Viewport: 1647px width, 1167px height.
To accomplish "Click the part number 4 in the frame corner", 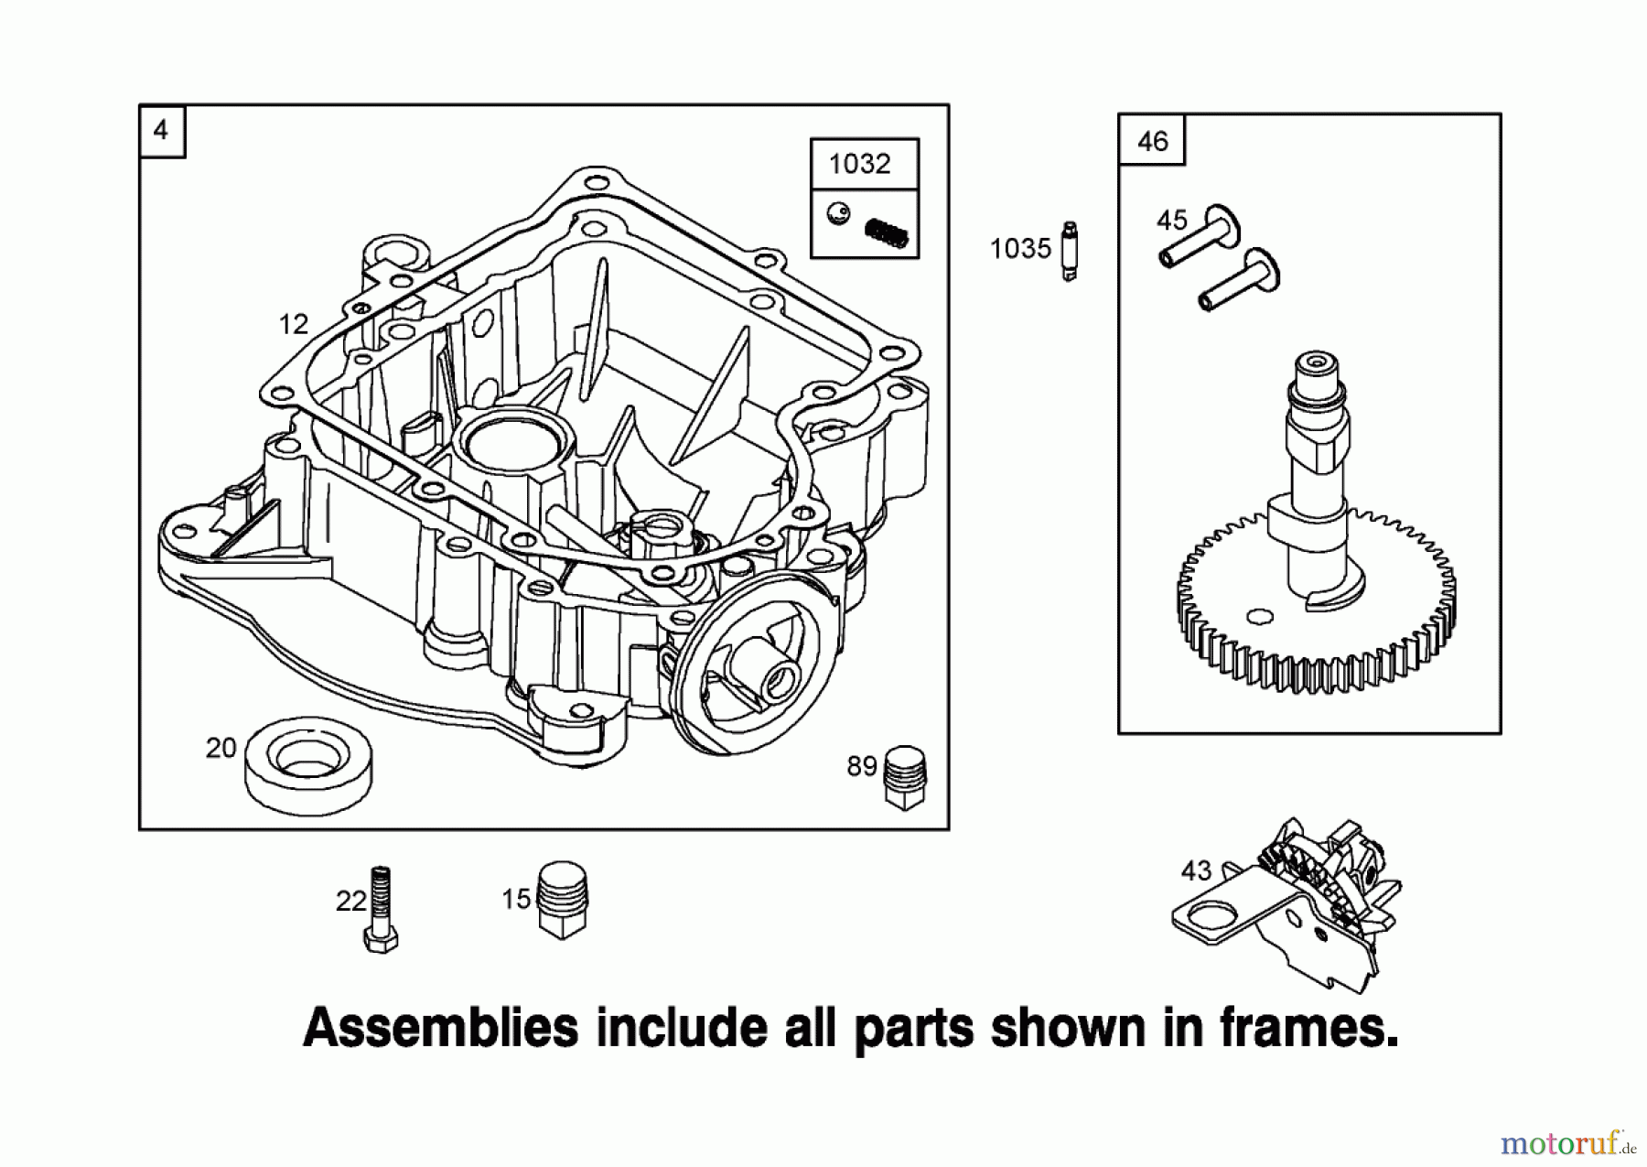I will (161, 130).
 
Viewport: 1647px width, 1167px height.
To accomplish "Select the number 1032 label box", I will (859, 164).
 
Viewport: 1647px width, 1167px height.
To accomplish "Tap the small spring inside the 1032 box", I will (886, 232).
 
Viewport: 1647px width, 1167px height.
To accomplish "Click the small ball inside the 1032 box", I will (837, 214).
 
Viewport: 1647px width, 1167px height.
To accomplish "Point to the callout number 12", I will (293, 324).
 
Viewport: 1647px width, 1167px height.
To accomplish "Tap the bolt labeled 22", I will (381, 910).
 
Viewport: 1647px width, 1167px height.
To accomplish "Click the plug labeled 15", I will (561, 899).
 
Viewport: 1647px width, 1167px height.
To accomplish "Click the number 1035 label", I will (1019, 248).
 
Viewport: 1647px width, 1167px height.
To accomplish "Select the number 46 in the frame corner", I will (1152, 141).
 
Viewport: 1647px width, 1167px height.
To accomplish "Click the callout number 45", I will (1171, 221).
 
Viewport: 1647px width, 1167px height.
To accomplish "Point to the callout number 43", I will (1195, 870).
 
